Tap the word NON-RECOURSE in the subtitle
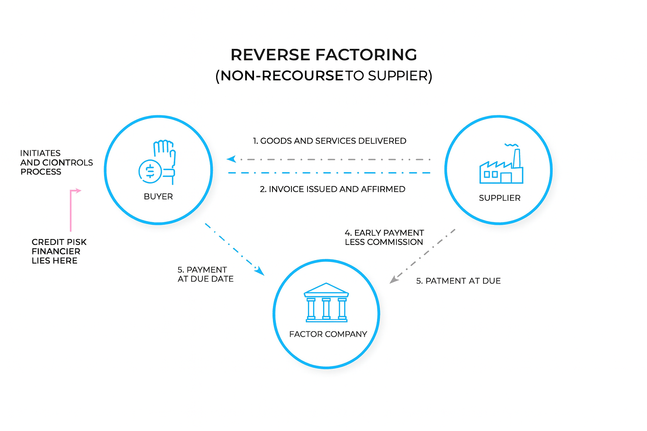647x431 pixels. coord(282,76)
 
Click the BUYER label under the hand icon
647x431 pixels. coord(158,197)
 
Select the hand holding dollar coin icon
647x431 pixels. coord(158,162)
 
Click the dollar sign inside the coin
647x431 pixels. coord(150,171)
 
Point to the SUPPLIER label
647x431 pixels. coord(500,198)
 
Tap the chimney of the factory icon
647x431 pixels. coord(517,158)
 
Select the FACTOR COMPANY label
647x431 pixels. coord(328,334)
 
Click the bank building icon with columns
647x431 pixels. coord(326,303)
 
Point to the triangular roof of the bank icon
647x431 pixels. coord(326,288)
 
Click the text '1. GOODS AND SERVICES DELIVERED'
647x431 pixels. coord(329,141)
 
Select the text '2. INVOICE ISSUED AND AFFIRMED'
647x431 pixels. coord(332,189)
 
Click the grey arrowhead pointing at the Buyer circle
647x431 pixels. coord(231,159)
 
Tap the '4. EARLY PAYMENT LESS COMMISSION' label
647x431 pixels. coord(384,237)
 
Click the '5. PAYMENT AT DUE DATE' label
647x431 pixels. coord(205,274)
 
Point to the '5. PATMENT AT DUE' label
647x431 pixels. coord(458,281)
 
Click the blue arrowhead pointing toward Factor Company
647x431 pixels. coord(259,271)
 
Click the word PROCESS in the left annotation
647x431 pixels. coord(41,172)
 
